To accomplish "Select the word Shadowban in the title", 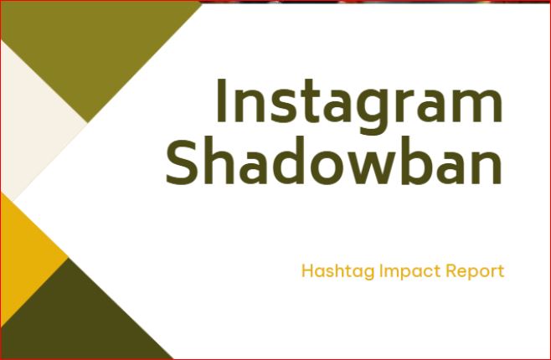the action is [334, 161].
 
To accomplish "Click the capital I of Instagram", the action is [221, 100].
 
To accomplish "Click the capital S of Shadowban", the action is [182, 162].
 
